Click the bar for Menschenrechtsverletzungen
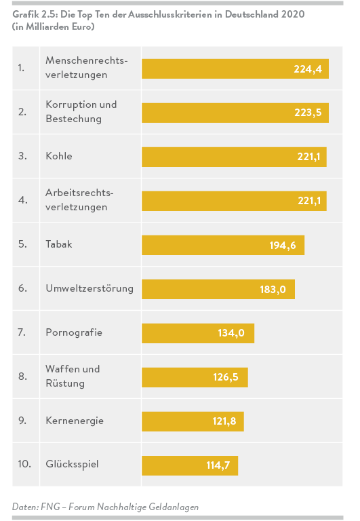(x=235, y=69)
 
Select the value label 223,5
(x=308, y=113)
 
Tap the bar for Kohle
(x=234, y=157)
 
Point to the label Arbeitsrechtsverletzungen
(x=79, y=200)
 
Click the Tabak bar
(x=222, y=245)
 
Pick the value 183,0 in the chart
(x=273, y=289)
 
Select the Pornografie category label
(x=74, y=332)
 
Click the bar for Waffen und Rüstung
(x=195, y=377)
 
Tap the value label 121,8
(x=224, y=421)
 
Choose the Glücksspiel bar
(x=190, y=465)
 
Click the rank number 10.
(x=25, y=465)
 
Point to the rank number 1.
(x=22, y=68)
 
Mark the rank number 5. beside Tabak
(x=22, y=244)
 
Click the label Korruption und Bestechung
(x=81, y=112)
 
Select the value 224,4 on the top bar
(x=308, y=69)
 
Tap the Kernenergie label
(x=75, y=421)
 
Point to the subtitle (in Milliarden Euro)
(x=53, y=26)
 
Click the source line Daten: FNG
(x=105, y=507)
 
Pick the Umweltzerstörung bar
(x=218, y=289)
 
